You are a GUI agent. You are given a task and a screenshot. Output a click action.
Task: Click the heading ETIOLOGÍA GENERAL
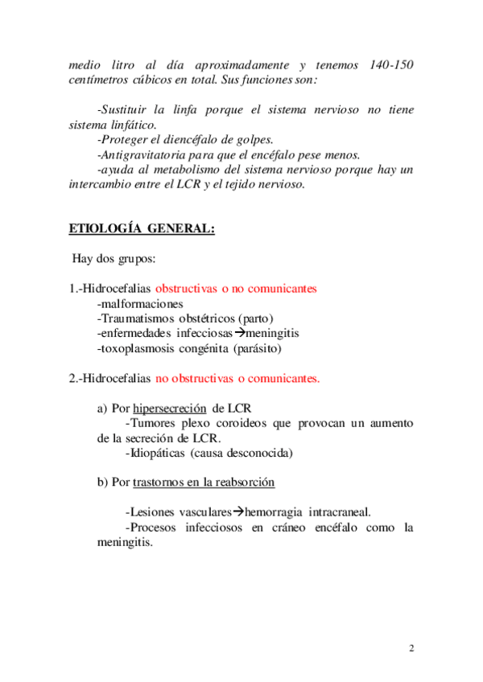point(142,228)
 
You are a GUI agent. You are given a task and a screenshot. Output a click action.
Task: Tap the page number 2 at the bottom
point(411,649)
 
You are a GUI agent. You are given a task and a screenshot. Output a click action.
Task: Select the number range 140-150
point(392,64)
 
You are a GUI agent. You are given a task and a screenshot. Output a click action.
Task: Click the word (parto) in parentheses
point(254,318)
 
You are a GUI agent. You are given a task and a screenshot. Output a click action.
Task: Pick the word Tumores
point(153,423)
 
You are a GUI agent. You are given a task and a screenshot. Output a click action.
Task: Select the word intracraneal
point(339,512)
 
